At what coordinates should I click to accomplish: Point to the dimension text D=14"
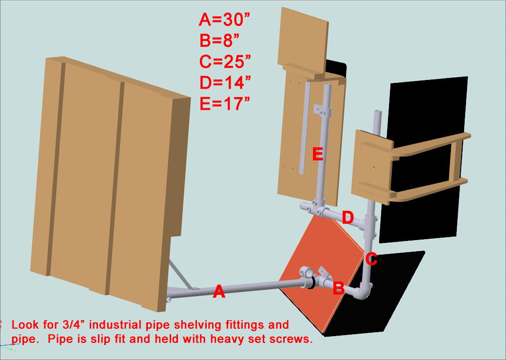pyautogui.click(x=226, y=82)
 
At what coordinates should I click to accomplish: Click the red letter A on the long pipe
pyautogui.click(x=219, y=292)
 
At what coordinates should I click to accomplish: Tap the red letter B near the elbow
pyautogui.click(x=338, y=289)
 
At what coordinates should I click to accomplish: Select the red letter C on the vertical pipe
pyautogui.click(x=371, y=259)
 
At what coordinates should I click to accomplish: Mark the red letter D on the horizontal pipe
pyautogui.click(x=348, y=218)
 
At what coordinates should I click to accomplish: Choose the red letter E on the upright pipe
pyautogui.click(x=318, y=155)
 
